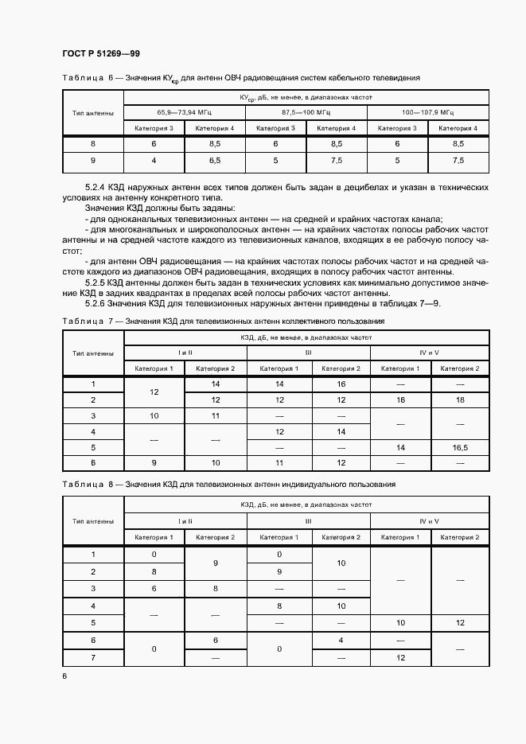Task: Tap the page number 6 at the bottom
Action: pos(64,676)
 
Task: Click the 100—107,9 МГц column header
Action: pos(428,112)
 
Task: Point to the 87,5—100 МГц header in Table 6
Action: pos(306,112)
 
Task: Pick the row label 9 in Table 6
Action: pos(93,161)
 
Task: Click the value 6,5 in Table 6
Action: pos(215,161)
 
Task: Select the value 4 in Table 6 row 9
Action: pos(154,161)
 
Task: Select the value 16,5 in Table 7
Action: pos(460,448)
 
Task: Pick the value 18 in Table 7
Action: pos(460,399)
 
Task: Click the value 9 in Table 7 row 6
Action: pos(154,464)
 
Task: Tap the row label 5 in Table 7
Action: pos(93,448)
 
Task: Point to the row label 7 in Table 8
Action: pos(93,657)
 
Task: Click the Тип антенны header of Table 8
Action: pos(93,521)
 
